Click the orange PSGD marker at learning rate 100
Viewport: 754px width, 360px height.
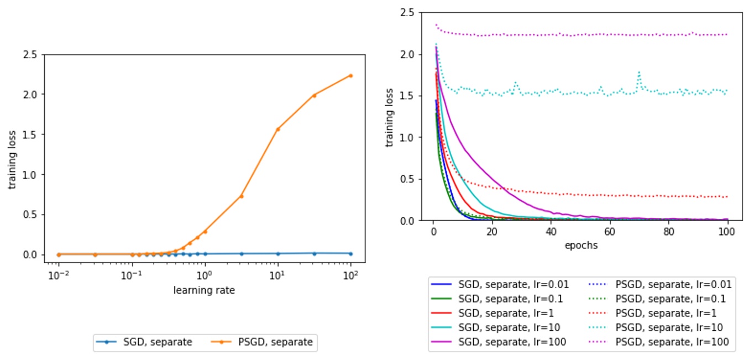point(350,76)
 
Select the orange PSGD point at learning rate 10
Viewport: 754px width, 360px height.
point(277,129)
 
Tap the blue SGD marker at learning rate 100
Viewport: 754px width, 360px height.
point(350,253)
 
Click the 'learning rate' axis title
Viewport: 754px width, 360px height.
point(204,290)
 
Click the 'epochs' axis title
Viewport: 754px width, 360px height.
point(580,246)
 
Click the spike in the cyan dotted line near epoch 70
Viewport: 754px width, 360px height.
point(639,72)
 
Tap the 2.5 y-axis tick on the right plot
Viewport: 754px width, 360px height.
point(411,12)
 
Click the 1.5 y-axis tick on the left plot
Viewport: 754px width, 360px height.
point(30,134)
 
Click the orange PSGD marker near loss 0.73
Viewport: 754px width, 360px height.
point(241,196)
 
